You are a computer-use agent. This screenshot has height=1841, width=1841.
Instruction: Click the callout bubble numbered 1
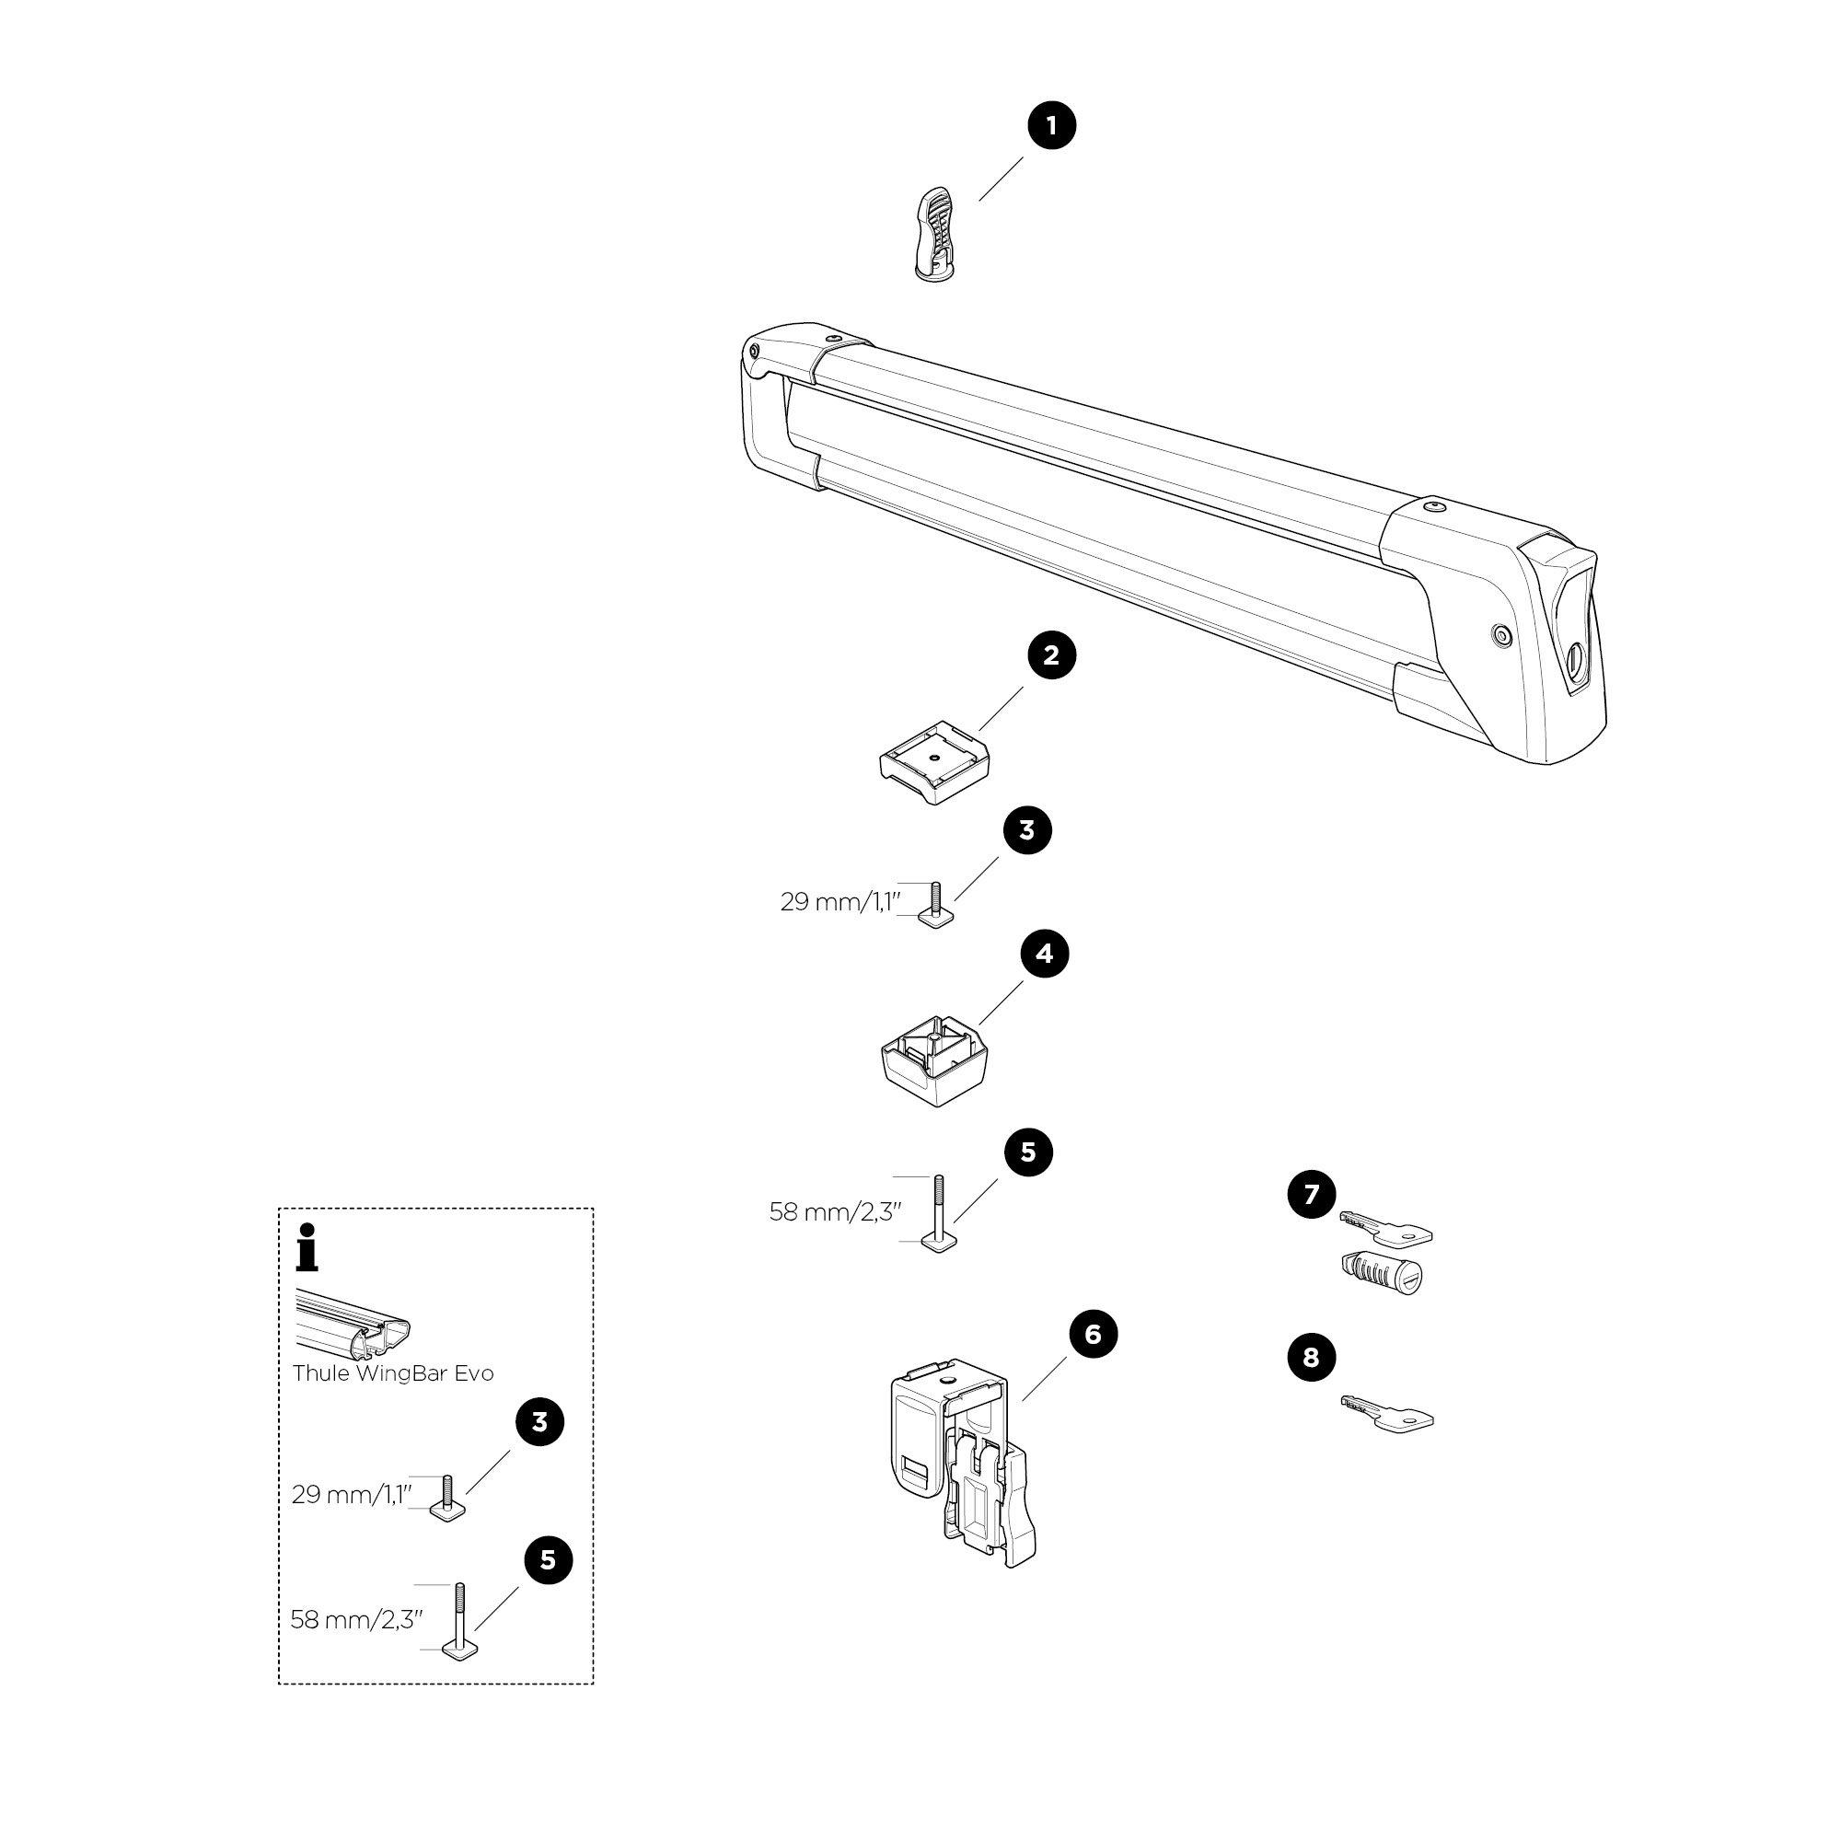click(x=1051, y=126)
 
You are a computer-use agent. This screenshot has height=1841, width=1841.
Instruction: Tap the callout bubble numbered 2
click(x=1051, y=655)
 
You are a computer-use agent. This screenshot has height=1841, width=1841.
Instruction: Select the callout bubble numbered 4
click(x=1045, y=954)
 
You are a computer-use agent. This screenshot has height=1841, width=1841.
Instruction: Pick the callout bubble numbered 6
click(x=1093, y=1335)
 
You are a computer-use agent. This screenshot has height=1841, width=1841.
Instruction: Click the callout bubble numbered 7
click(x=1311, y=1194)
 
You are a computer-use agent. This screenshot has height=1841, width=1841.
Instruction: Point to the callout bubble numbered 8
click(x=1311, y=1357)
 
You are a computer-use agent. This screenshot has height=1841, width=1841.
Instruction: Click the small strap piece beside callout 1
click(x=936, y=236)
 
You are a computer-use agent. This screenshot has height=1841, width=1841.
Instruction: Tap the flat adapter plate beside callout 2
click(x=933, y=762)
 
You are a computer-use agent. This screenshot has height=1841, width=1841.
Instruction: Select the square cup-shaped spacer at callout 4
click(x=933, y=1060)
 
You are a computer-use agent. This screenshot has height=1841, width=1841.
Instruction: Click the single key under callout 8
click(x=1387, y=1414)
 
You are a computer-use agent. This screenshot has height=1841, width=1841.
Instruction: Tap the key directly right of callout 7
click(x=1386, y=1229)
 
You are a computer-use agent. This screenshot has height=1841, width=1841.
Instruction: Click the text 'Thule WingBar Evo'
click(x=393, y=1373)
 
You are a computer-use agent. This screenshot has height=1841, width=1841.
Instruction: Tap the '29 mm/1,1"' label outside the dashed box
click(x=840, y=901)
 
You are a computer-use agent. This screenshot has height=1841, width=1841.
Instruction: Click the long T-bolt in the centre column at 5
click(x=939, y=1215)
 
